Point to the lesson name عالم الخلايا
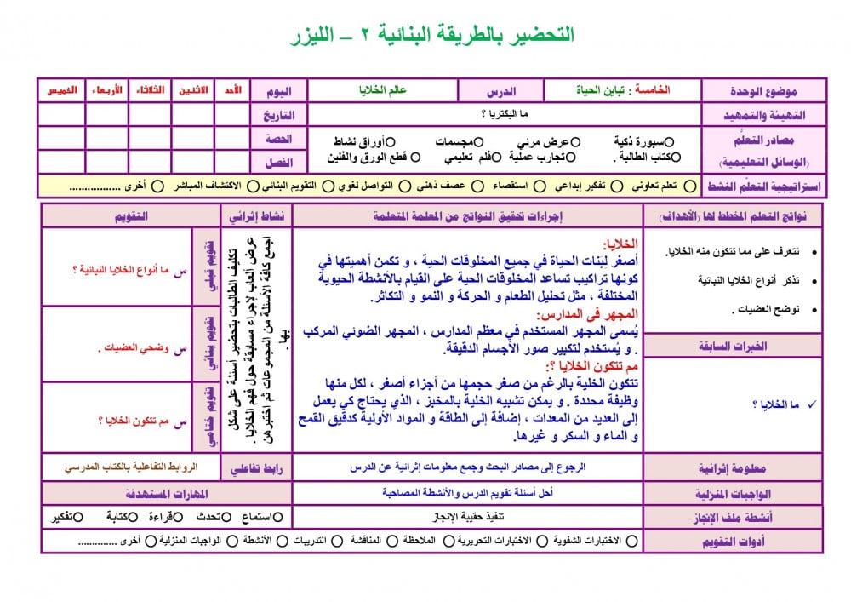pyautogui.click(x=382, y=89)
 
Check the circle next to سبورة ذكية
pyautogui.click(x=668, y=141)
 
